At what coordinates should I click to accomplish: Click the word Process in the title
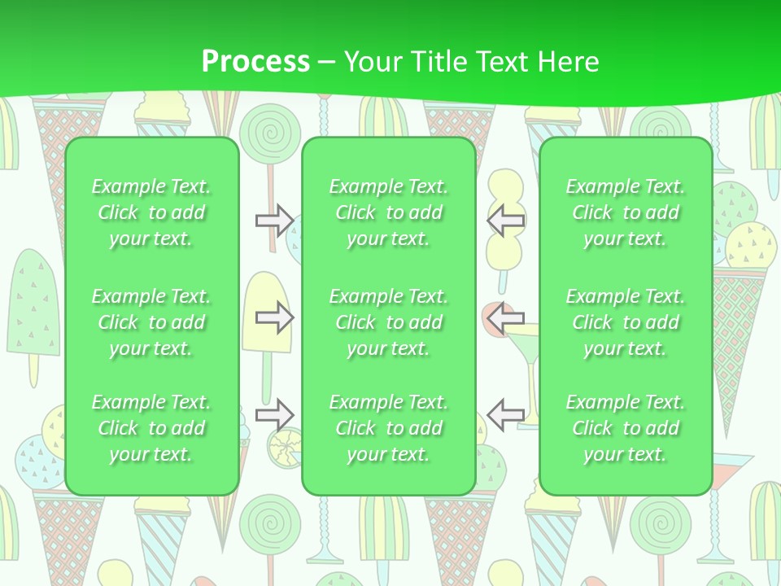pos(255,61)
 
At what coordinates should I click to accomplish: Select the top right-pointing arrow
pos(274,220)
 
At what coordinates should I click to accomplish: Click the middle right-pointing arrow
pos(274,317)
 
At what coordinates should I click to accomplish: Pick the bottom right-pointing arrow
pos(274,415)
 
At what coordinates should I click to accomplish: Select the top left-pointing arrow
pos(505,220)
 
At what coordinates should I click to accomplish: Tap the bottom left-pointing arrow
pos(505,415)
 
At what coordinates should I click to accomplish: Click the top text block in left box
pos(151,212)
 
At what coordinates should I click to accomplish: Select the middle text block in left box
pos(151,322)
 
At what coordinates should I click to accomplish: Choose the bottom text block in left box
pos(151,428)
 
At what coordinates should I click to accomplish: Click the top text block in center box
pos(389,212)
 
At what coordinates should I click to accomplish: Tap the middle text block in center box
pos(389,322)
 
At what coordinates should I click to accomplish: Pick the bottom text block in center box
pos(389,428)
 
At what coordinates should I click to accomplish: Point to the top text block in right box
pos(626,212)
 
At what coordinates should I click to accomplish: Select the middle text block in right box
pos(626,322)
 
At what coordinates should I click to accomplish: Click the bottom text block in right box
pos(626,428)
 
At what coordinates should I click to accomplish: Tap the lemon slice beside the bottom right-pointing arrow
pos(286,447)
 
